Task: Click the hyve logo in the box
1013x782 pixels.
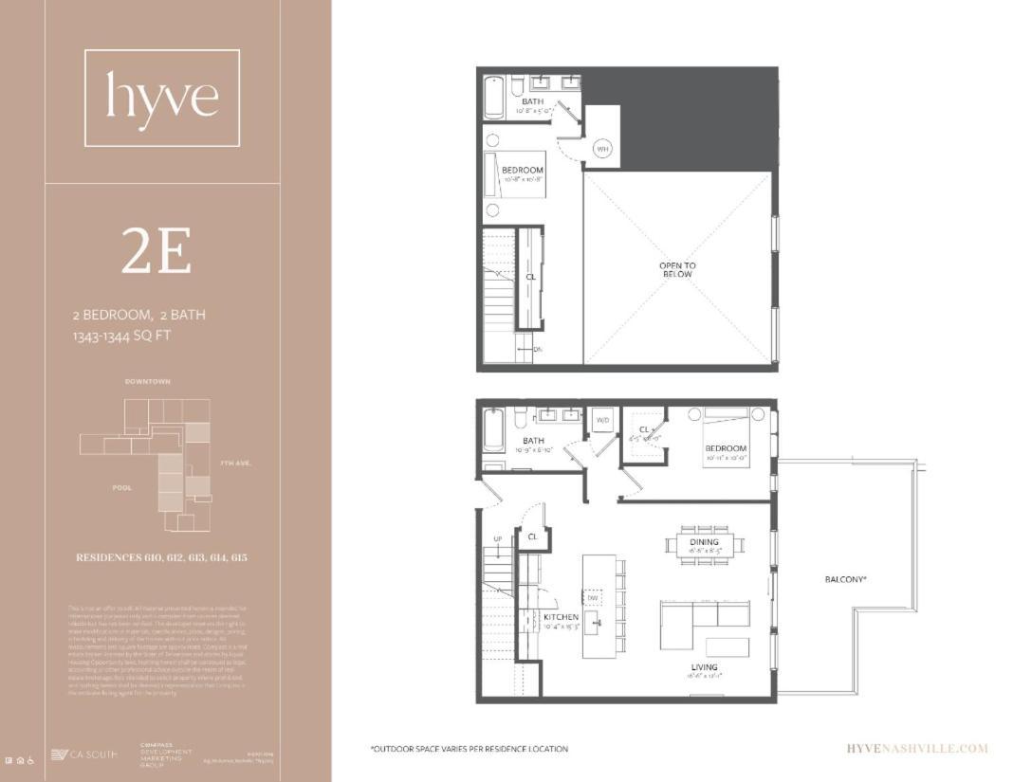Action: (x=162, y=98)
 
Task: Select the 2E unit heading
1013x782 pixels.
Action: (x=157, y=252)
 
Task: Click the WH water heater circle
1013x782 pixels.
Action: (x=602, y=149)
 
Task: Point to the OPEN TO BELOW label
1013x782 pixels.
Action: (x=677, y=270)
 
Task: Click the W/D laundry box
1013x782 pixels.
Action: (x=602, y=420)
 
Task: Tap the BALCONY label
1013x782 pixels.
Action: (x=846, y=579)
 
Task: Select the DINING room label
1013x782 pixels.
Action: (x=705, y=542)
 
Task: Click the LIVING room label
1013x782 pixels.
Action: (x=705, y=667)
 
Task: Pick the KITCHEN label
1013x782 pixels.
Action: (x=562, y=617)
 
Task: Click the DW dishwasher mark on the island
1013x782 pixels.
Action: (x=592, y=598)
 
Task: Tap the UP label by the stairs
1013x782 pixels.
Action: (x=497, y=539)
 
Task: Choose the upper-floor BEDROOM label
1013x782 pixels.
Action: (x=523, y=171)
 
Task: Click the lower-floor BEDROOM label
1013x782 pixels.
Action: (x=726, y=448)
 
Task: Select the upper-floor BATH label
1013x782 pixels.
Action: (x=532, y=100)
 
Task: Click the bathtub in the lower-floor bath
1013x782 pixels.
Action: (x=494, y=432)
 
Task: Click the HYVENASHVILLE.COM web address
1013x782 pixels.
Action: (x=916, y=749)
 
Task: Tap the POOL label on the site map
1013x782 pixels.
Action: (x=121, y=488)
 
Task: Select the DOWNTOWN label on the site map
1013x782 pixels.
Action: (x=148, y=381)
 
